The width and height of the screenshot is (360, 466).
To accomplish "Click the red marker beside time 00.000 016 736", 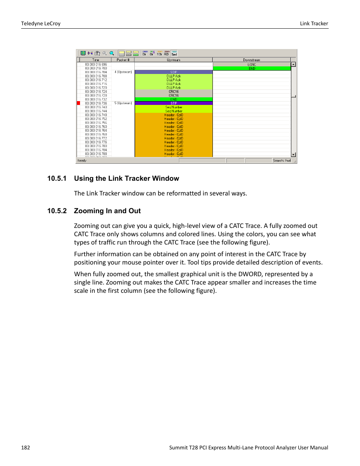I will (x=78, y=103).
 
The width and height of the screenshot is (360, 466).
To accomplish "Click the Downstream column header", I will (x=251, y=60).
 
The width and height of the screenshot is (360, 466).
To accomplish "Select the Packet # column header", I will (x=123, y=60).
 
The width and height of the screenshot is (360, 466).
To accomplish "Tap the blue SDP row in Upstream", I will (x=174, y=72).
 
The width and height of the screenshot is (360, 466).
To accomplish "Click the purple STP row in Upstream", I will (x=174, y=103).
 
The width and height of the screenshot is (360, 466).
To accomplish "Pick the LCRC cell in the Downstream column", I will (x=252, y=65).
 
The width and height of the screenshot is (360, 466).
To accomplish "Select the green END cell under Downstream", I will (x=252, y=69).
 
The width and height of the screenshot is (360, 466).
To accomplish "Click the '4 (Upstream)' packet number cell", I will (x=123, y=72).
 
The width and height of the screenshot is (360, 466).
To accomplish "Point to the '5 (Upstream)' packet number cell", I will (x=123, y=103).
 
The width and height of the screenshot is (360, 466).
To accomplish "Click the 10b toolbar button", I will (x=159, y=54).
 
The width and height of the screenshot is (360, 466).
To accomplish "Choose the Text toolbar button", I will (x=174, y=54).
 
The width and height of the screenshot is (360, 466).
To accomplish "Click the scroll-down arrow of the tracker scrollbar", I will (x=294, y=155).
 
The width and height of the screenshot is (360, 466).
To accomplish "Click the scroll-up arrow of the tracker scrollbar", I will (x=294, y=65).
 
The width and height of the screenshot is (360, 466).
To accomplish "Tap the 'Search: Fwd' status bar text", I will (x=282, y=161).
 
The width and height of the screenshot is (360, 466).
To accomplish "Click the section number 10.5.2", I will (x=57, y=211).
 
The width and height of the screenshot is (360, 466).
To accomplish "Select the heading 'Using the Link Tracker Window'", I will (x=126, y=178).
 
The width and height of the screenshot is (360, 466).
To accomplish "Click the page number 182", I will (x=26, y=448).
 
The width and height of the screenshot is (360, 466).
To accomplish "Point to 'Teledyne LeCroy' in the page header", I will (x=41, y=23).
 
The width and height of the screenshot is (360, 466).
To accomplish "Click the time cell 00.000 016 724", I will (x=96, y=92).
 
